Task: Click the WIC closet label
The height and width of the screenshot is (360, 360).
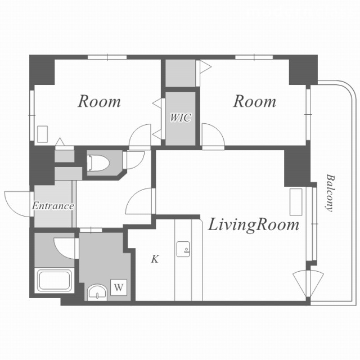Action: click(x=181, y=118)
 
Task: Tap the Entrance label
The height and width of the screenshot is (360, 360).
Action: click(x=53, y=206)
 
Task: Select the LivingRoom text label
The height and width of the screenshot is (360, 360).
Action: click(x=254, y=225)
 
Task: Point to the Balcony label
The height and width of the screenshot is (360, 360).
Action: click(x=330, y=192)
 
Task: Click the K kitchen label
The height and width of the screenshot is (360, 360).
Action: click(x=155, y=259)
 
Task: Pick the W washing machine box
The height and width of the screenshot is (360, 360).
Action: click(x=119, y=287)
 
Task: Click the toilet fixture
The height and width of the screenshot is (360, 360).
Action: click(x=99, y=163)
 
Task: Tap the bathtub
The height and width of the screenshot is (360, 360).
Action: click(x=55, y=281)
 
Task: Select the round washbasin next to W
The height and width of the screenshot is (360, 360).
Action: click(x=97, y=292)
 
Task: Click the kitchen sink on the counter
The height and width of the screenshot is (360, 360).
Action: click(x=183, y=249)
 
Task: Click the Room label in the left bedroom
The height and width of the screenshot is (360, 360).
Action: click(x=99, y=101)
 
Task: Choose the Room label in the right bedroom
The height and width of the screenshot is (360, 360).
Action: click(x=255, y=101)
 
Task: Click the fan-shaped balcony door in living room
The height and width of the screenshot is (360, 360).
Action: click(x=308, y=283)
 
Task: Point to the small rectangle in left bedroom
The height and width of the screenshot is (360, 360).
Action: click(x=43, y=134)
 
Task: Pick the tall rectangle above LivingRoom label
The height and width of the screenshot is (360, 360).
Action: click(x=296, y=202)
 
